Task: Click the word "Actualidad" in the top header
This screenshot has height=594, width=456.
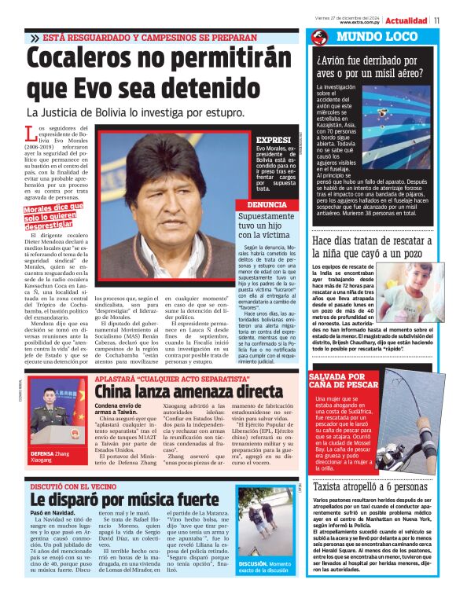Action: (406, 20)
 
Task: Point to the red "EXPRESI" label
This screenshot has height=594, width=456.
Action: (273, 140)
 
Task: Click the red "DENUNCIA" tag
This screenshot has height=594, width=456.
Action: (267, 204)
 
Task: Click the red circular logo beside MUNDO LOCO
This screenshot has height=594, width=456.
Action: (319, 37)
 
